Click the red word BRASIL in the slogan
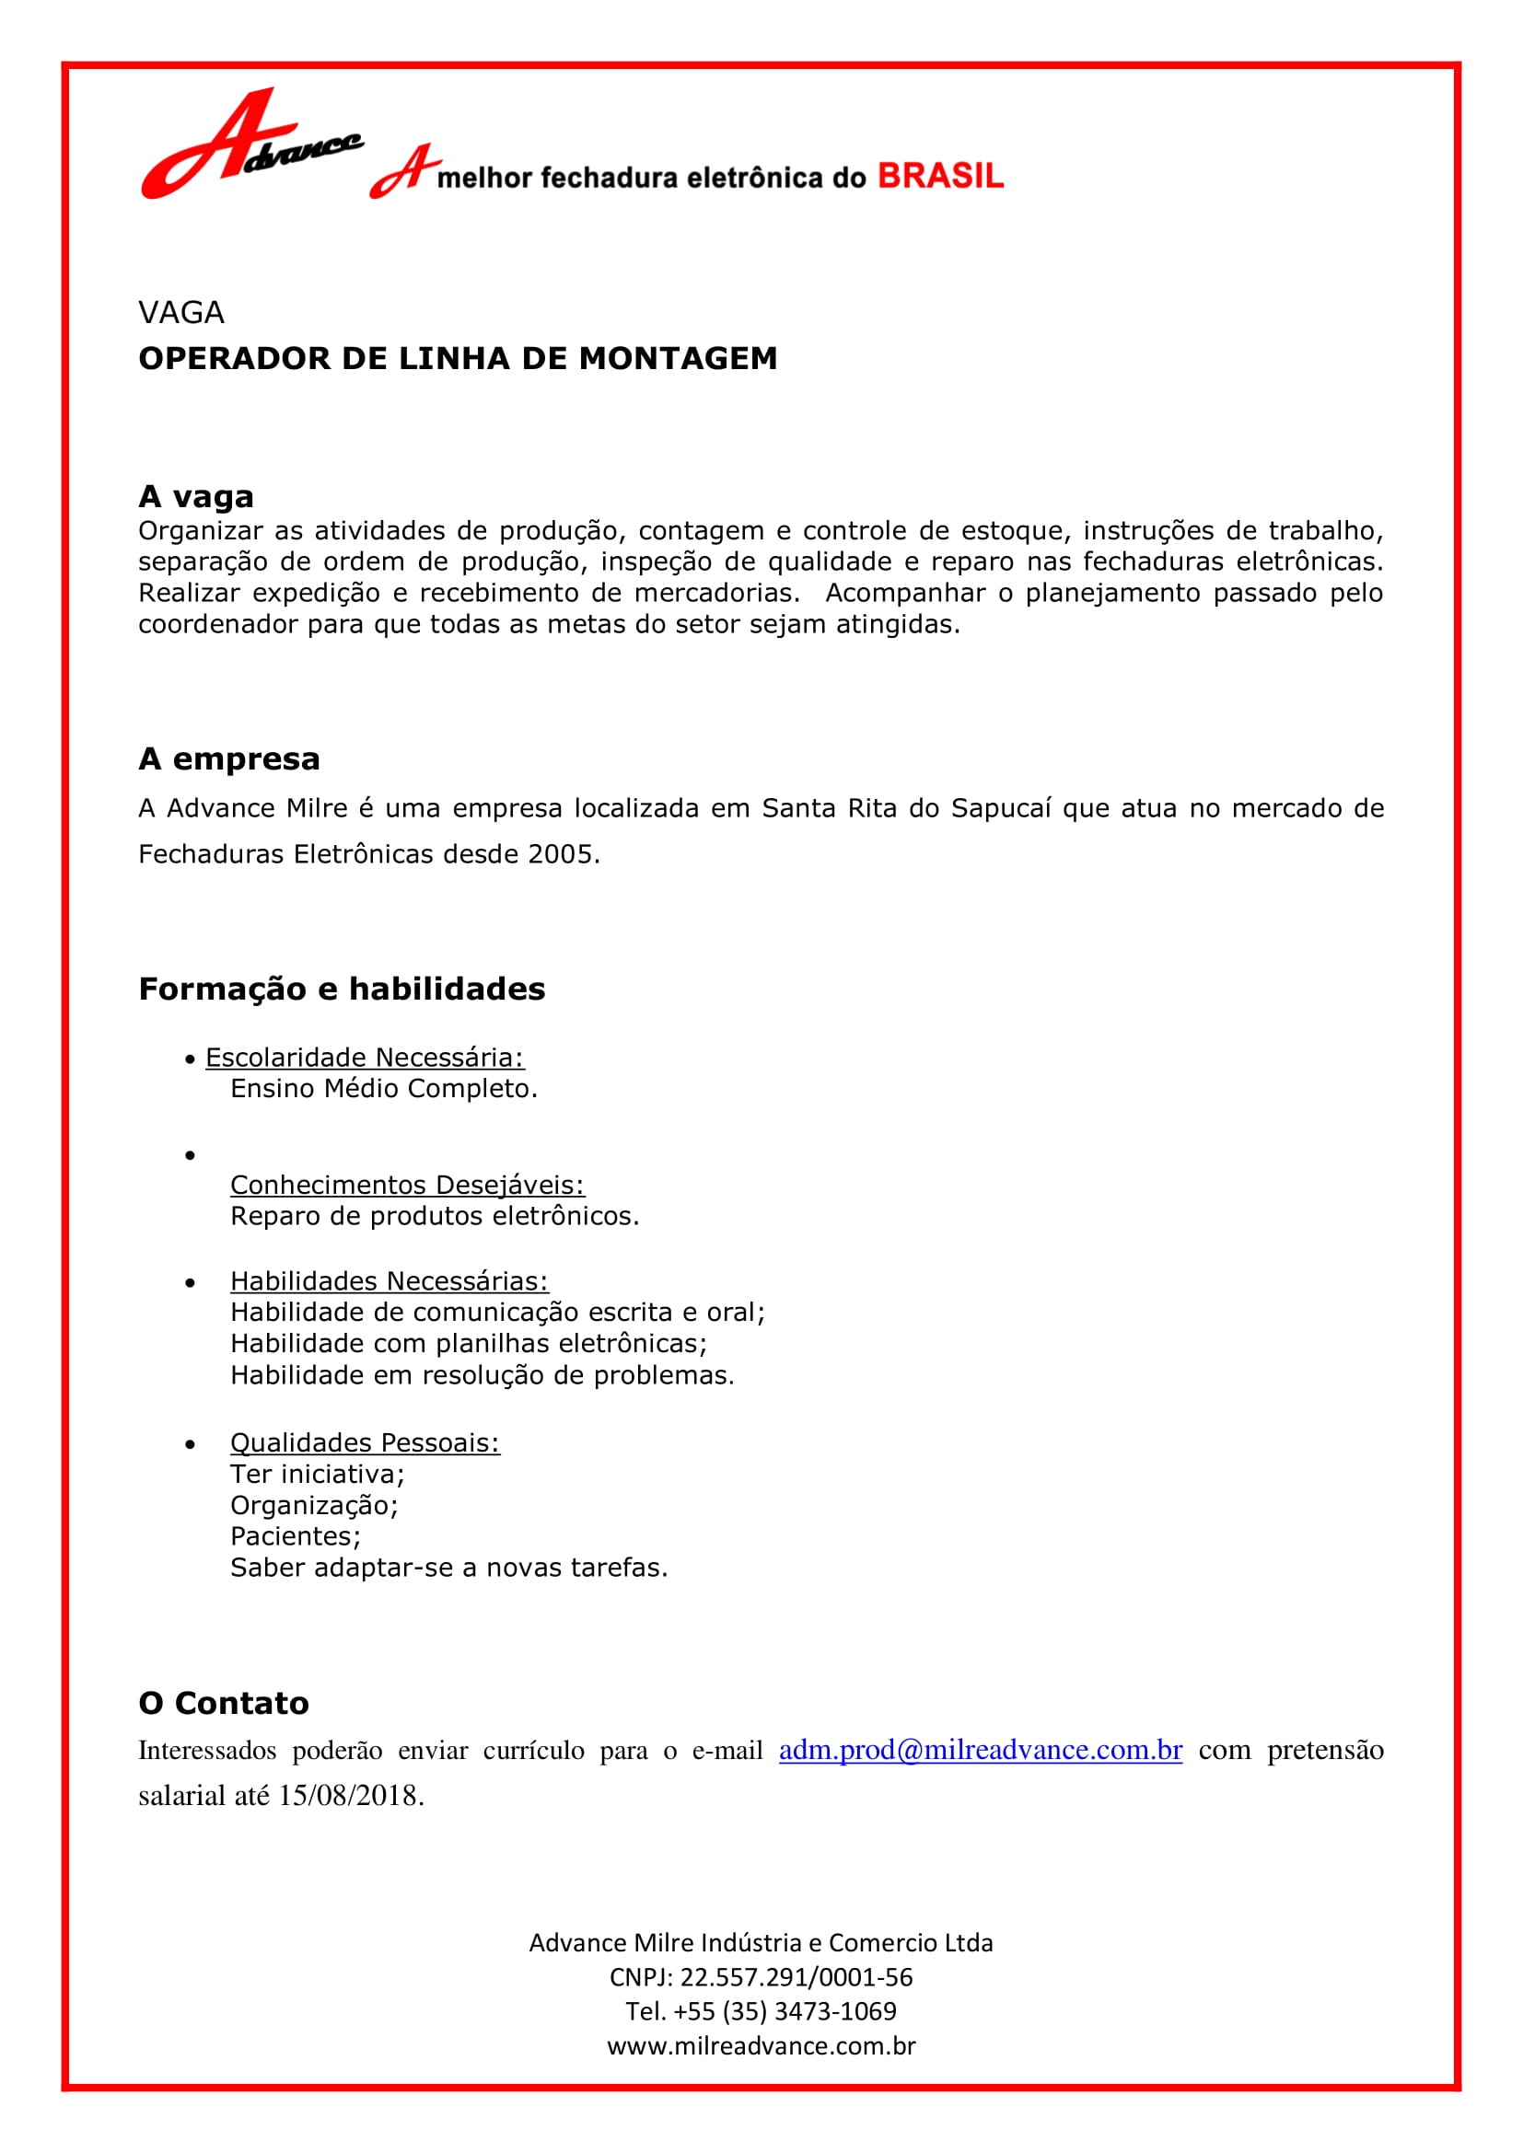[x=940, y=177]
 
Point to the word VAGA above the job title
[x=181, y=312]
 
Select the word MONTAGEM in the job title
[x=677, y=358]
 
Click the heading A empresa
[x=229, y=758]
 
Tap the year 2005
[x=560, y=854]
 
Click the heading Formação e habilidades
[x=342, y=990]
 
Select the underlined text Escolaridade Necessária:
[x=365, y=1058]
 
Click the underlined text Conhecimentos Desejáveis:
[x=407, y=1186]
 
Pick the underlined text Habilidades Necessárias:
[x=389, y=1282]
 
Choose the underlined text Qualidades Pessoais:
[x=365, y=1443]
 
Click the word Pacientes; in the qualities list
[x=296, y=1536]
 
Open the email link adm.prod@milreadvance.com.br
[x=980, y=1750]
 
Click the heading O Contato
[x=223, y=1703]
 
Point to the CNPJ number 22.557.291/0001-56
[x=796, y=1976]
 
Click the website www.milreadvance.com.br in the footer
[x=761, y=2045]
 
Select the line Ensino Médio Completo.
[x=384, y=1089]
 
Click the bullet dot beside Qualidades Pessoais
[x=191, y=1444]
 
